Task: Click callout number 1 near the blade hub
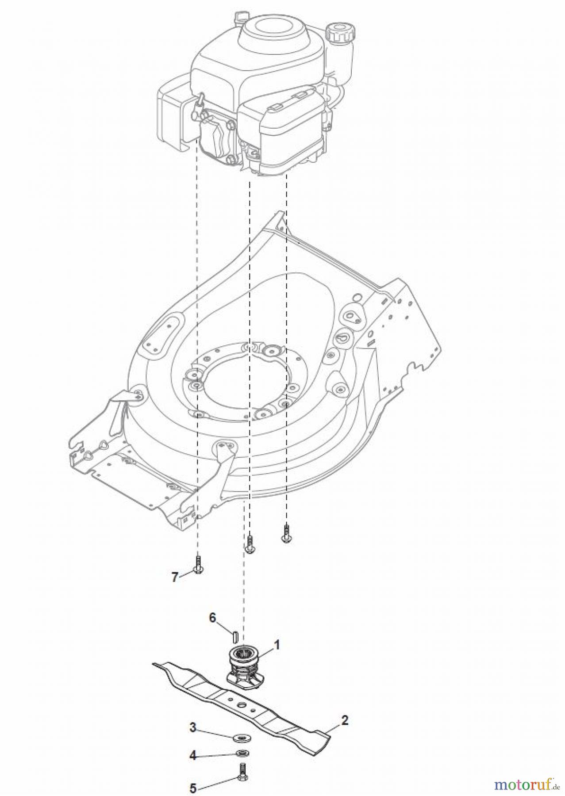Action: point(277,645)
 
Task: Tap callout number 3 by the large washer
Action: point(193,727)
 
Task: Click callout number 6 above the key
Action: point(213,617)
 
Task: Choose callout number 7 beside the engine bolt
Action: point(175,577)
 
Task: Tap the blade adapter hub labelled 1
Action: point(242,668)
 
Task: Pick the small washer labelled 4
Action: point(242,753)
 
